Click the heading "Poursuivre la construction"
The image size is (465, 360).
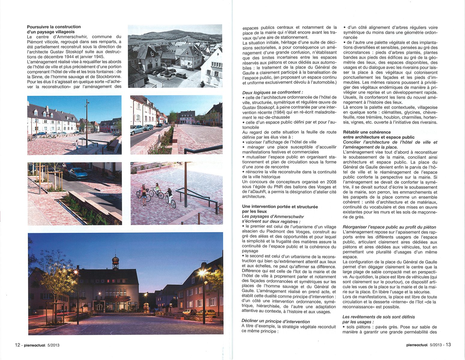[x=54, y=27]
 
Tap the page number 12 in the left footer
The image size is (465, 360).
[x=17, y=345]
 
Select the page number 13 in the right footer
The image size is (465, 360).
[x=448, y=345]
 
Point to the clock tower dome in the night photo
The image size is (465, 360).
[x=115, y=259]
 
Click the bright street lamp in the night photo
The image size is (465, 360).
[x=202, y=273]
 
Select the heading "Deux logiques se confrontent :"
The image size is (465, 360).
[x=272, y=92]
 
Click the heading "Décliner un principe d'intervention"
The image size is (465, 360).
[x=276, y=321]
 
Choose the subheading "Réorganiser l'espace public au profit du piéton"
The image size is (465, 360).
[x=389, y=227]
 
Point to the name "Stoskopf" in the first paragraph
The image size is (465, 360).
[x=91, y=52]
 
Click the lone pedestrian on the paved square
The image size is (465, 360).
[x=77, y=145]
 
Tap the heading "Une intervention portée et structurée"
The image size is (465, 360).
[x=280, y=206]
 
